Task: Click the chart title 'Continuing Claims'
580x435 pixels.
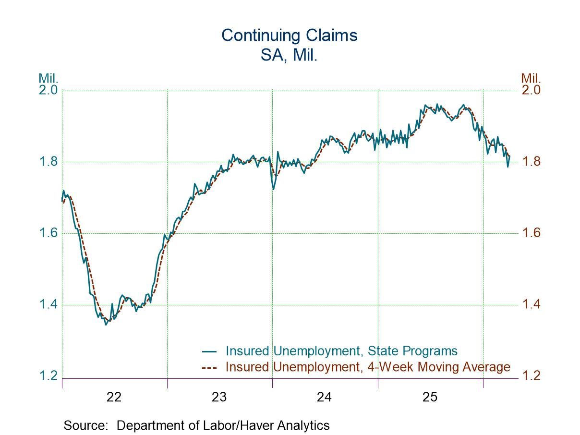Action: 290,36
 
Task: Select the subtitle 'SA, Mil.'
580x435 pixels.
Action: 290,55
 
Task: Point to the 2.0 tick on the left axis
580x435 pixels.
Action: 48,90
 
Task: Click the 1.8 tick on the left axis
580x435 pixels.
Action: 48,162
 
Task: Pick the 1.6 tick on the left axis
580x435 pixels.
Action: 48,233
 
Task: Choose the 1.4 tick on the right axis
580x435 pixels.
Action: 531,304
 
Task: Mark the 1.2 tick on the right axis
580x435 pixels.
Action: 531,375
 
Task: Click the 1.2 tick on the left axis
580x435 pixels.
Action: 48,376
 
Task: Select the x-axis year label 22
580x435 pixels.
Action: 114,398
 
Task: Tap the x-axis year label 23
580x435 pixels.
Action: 219,398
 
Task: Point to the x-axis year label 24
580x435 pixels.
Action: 325,398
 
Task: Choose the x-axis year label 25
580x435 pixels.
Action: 430,398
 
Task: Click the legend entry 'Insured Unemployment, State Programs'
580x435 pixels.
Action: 341,350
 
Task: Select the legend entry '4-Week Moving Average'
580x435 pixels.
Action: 368,367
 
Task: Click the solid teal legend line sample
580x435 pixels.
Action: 209,351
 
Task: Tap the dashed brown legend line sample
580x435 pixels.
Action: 209,368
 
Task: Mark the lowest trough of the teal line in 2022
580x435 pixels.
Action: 106,325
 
